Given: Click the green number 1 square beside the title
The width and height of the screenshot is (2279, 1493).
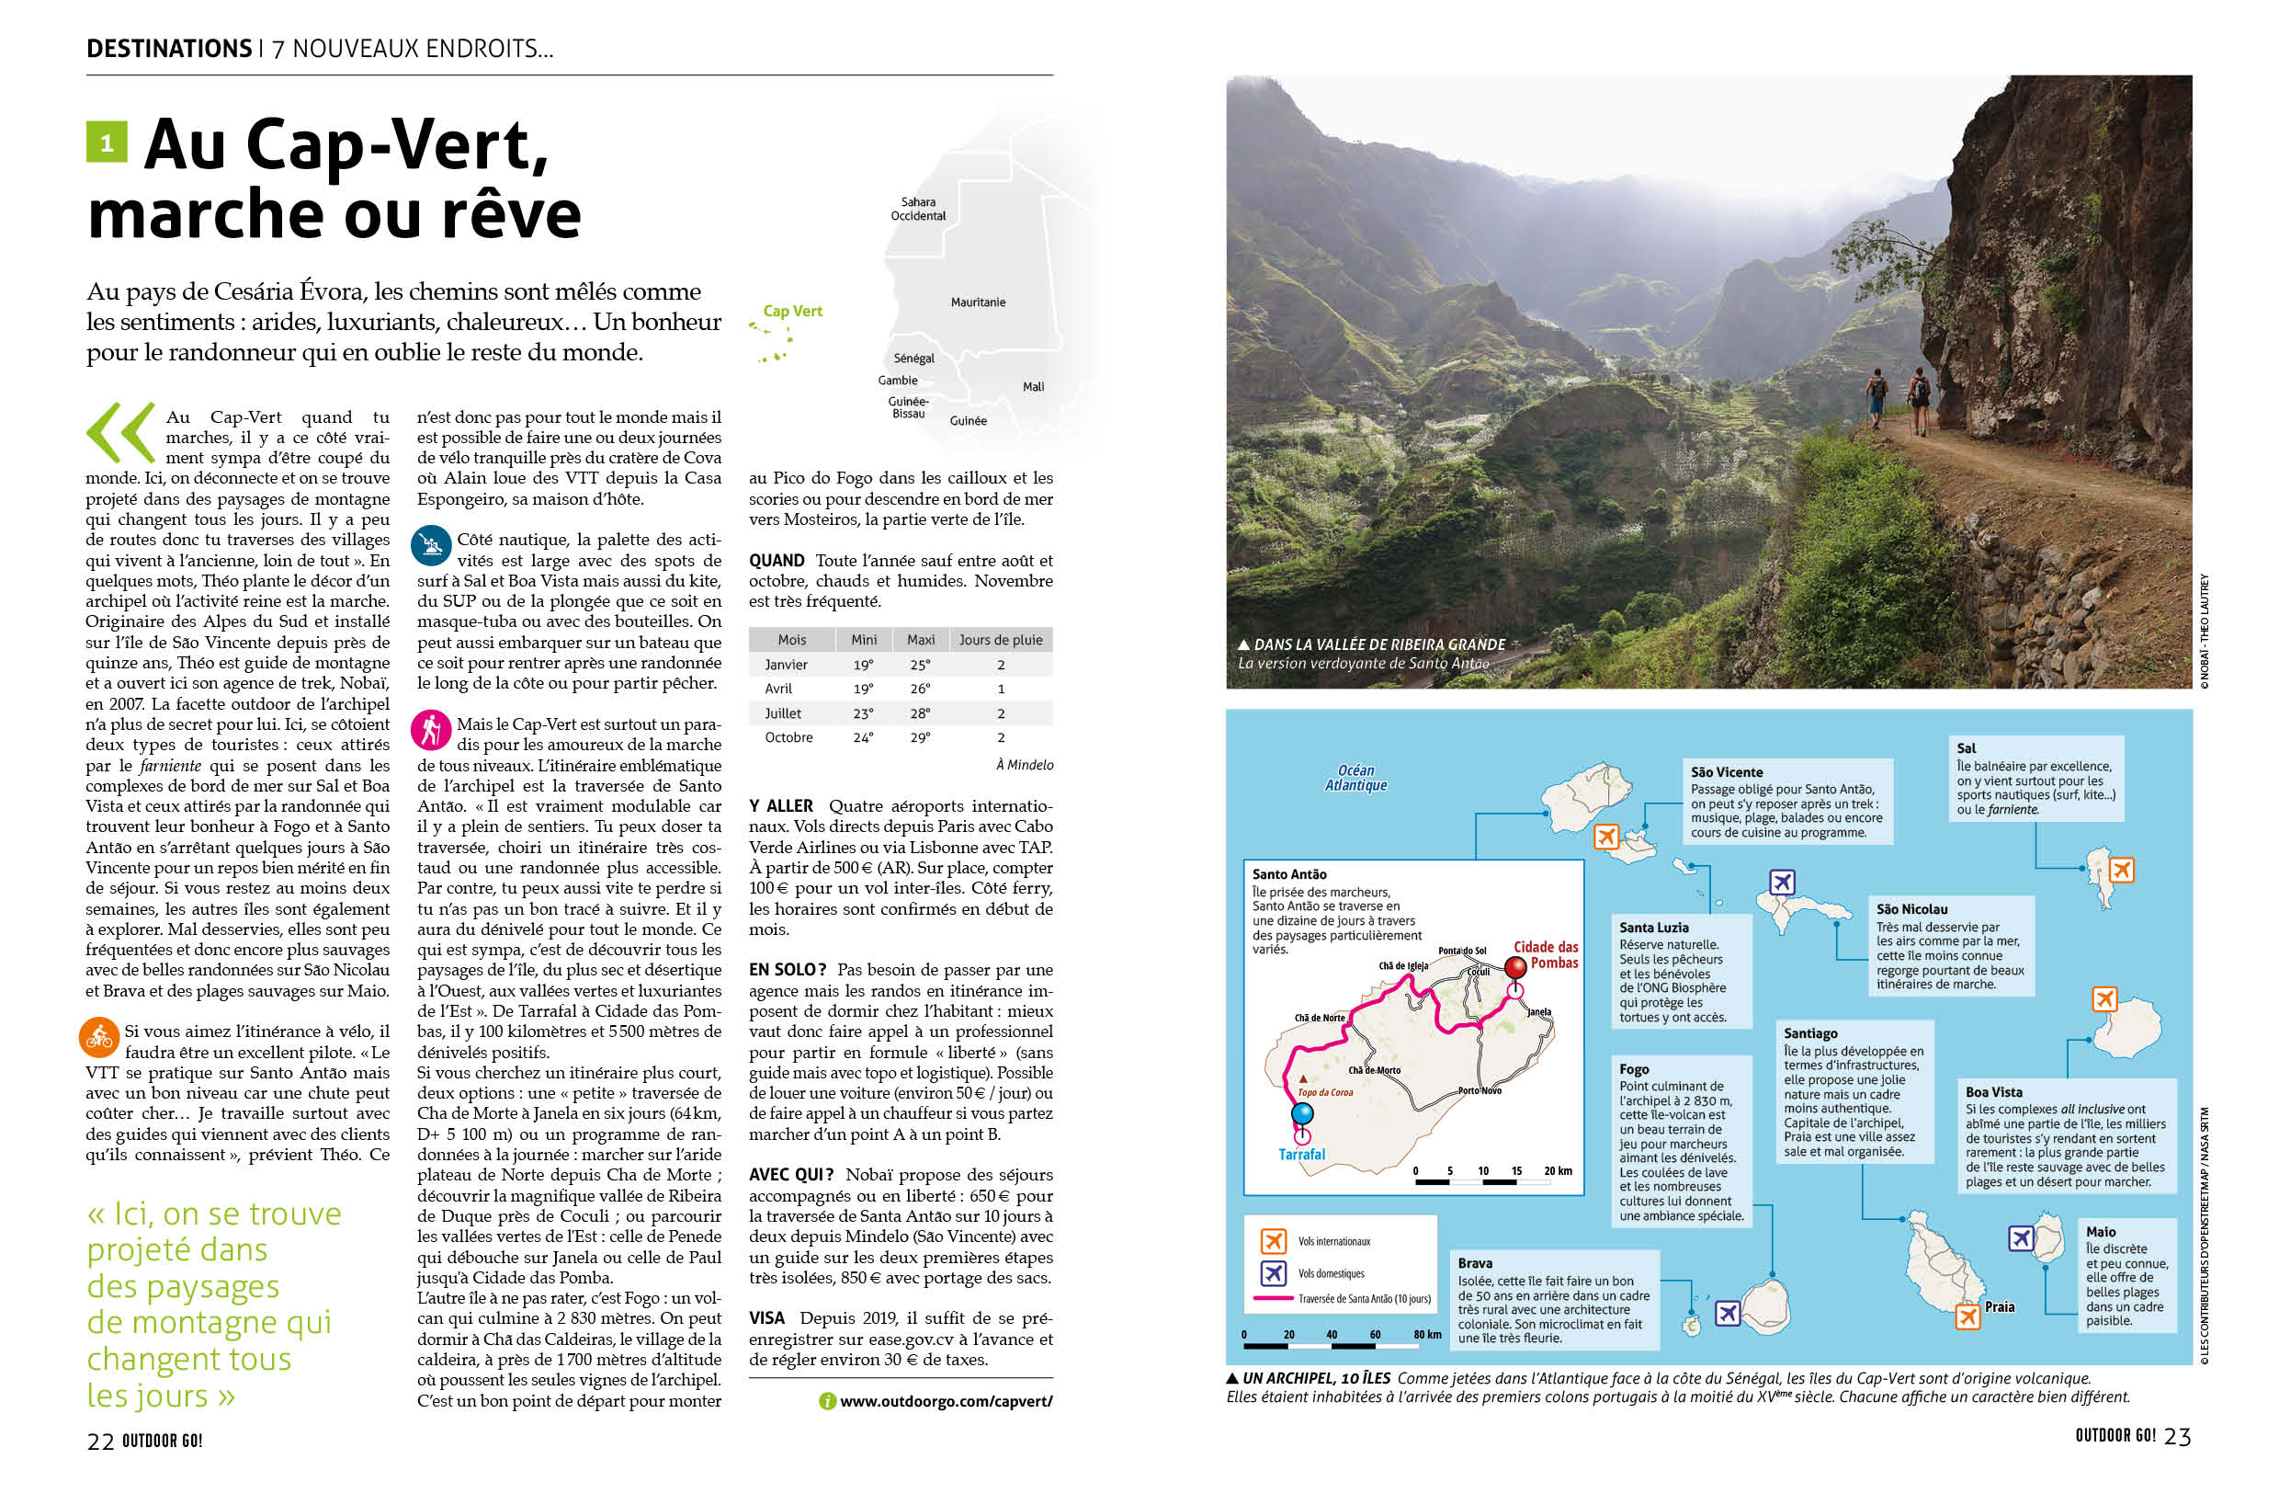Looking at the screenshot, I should pyautogui.click(x=107, y=142).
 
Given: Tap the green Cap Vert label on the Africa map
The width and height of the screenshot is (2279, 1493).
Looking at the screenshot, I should pyautogui.click(x=792, y=312).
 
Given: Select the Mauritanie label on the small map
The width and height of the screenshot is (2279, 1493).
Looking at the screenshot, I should pyautogui.click(x=978, y=302).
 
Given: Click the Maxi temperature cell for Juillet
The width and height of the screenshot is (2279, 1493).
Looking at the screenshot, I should pyautogui.click(x=919, y=713).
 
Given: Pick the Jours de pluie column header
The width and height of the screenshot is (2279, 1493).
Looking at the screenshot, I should pyautogui.click(x=1000, y=640).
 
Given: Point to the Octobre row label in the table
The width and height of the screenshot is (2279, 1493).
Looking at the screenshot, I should pyautogui.click(x=788, y=737).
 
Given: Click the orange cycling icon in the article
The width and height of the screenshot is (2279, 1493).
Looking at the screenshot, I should pyautogui.click(x=98, y=1036).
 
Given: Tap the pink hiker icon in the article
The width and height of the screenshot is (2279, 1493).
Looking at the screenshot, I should pyautogui.click(x=430, y=730).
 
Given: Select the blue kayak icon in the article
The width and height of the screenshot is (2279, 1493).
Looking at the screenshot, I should pyautogui.click(x=430, y=545).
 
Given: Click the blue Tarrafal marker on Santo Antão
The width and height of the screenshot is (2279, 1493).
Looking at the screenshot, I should pyautogui.click(x=1301, y=1113).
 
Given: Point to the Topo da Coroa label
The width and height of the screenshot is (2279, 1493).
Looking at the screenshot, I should pyautogui.click(x=1325, y=1092).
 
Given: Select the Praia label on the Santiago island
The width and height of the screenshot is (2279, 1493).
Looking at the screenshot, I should pyautogui.click(x=1999, y=1306).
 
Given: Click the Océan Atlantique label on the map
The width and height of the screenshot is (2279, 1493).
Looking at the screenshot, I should pyautogui.click(x=1355, y=778).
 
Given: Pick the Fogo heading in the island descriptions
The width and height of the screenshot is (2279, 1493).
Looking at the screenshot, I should pyautogui.click(x=1634, y=1069).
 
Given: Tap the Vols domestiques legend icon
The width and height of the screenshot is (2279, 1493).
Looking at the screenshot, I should pyautogui.click(x=1273, y=1273).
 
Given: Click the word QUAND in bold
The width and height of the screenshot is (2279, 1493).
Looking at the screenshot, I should pyautogui.click(x=776, y=560).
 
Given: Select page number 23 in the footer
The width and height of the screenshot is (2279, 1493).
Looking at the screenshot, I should pyautogui.click(x=2177, y=1437).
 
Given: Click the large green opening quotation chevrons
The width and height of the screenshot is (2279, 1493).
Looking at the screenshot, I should pyautogui.click(x=120, y=433).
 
